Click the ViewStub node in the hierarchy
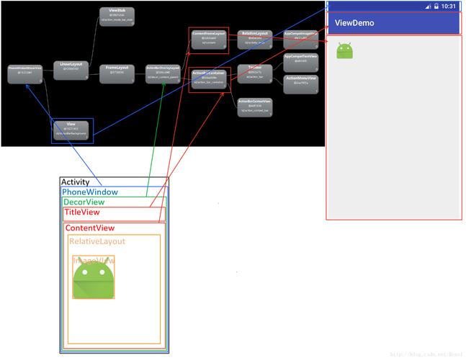pyautogui.click(x=117, y=16)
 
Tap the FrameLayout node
pyautogui.click(x=117, y=70)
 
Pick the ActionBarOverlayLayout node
pyautogui.click(x=163, y=70)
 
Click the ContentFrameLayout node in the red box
pyautogui.click(x=210, y=38)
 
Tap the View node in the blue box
pyautogui.click(x=71, y=130)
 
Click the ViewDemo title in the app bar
pyautogui.click(x=354, y=23)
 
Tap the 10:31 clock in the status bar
pyautogui.click(x=448, y=6)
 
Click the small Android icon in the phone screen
pyautogui.click(x=346, y=50)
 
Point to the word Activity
pyautogui.click(x=76, y=183)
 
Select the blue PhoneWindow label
pyautogui.click(x=90, y=192)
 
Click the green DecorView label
pyautogui.click(x=84, y=202)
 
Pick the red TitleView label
pyautogui.click(x=82, y=212)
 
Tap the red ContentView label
pyautogui.click(x=90, y=228)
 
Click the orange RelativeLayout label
pyautogui.click(x=98, y=241)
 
